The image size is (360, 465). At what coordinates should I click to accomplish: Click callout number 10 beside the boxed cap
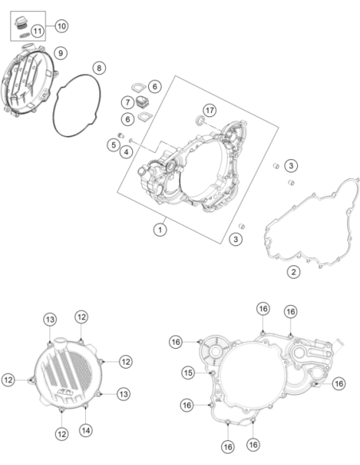(x=61, y=25)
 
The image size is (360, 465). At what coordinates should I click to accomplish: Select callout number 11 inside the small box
(x=37, y=31)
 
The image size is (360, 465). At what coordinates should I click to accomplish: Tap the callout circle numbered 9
(x=61, y=53)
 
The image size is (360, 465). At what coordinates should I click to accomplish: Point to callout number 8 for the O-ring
(x=99, y=68)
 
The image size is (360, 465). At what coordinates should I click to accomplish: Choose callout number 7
(x=127, y=102)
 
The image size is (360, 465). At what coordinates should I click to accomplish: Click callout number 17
(x=209, y=111)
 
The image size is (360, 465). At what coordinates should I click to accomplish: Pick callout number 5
(x=114, y=145)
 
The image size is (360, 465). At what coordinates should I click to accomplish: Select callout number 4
(x=127, y=152)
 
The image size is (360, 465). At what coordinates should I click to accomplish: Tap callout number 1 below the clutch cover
(x=160, y=229)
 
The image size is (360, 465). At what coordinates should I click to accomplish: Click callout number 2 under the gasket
(x=294, y=272)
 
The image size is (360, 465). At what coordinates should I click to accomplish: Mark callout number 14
(x=86, y=430)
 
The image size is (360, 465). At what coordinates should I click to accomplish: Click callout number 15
(x=188, y=373)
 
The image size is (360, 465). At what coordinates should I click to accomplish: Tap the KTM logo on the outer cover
(x=66, y=393)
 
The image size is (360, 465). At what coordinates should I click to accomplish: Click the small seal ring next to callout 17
(x=200, y=120)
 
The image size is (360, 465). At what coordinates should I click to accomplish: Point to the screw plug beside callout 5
(x=121, y=135)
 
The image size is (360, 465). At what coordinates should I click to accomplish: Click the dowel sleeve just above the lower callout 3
(x=241, y=226)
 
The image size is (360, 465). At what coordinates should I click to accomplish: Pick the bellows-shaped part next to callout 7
(x=143, y=102)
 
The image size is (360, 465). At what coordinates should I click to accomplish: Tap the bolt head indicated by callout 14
(x=85, y=406)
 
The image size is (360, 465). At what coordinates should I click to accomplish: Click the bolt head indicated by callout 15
(x=212, y=373)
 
